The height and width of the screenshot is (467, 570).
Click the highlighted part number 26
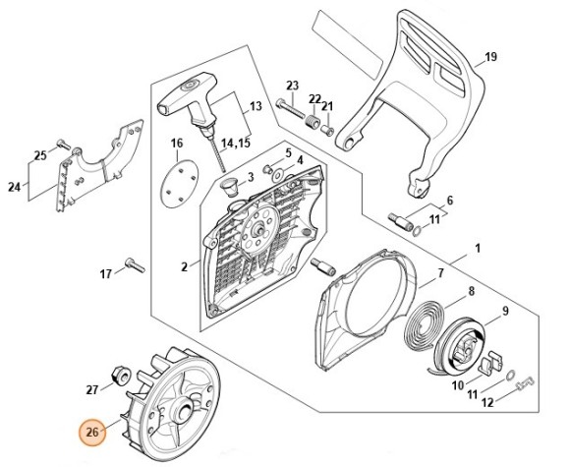coord(90,432)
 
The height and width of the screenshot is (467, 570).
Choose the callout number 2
coord(184,265)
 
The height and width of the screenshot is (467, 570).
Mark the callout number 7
coord(439,272)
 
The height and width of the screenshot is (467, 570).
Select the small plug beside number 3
coord(233,185)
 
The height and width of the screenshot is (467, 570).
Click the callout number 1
coord(477,249)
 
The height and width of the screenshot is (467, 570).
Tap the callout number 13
coord(255,105)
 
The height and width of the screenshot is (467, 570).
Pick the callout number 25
coord(39,155)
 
